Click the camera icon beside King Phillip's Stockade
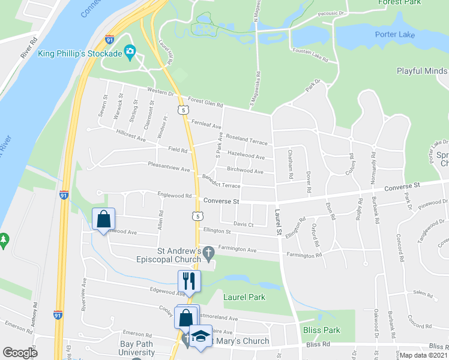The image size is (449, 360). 130,53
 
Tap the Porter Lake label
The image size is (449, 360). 394,34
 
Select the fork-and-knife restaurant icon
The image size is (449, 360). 188,280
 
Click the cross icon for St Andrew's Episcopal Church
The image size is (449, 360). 208,253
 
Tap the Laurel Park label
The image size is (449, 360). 244,296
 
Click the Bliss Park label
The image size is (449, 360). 323,330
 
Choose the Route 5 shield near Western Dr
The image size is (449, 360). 182,109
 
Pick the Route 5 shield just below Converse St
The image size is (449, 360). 196,215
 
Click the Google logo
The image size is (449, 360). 20,353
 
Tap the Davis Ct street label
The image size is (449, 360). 243,224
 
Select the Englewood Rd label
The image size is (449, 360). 174,196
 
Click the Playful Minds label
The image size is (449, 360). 422,71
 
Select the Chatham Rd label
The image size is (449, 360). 291,164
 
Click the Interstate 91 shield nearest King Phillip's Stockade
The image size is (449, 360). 109,40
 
